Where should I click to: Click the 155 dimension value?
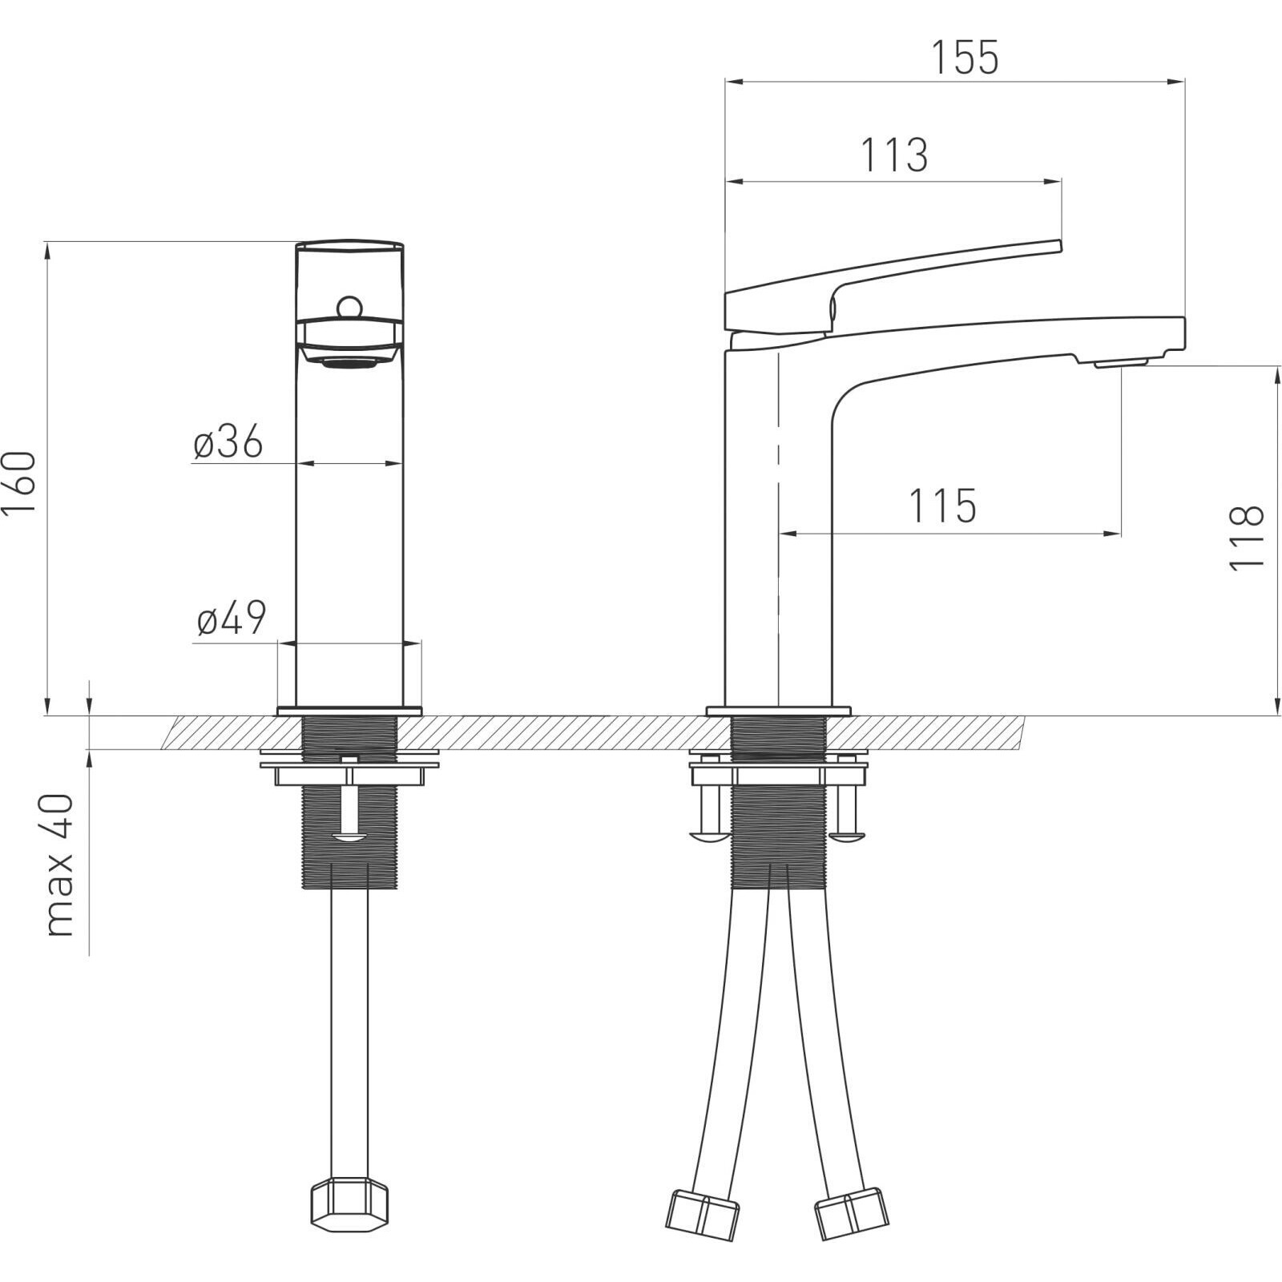(x=965, y=57)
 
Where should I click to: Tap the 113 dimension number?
(x=894, y=155)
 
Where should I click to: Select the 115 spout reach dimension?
(x=942, y=506)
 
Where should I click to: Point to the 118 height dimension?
(x=1246, y=538)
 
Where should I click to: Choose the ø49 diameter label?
(x=232, y=619)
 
